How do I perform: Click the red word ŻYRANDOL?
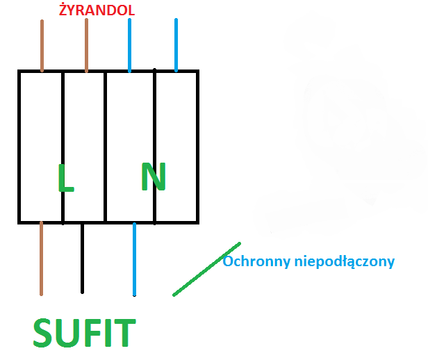pos(97,9)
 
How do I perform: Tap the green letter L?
pos(65,178)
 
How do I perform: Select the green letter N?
pos(154,177)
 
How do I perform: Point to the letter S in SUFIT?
pos(43,333)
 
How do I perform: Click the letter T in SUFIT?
pos(124,333)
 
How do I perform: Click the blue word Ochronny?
pos(256,261)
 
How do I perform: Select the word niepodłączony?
pos(345,262)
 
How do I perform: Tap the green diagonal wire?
pos(206,269)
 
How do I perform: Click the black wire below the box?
pos(82,259)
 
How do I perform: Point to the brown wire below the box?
pos(41,259)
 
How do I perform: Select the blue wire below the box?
pos(134,259)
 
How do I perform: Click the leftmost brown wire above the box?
pos(42,46)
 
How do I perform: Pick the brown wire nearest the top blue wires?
pos(86,45)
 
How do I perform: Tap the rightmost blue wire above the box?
pos(176,45)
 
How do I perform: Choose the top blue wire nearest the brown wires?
pos(129,45)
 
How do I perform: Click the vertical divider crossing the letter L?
pos(63,147)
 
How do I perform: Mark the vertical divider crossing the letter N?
pos(154,147)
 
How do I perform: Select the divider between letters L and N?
pos(106,147)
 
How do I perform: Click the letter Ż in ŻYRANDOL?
pos(63,10)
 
